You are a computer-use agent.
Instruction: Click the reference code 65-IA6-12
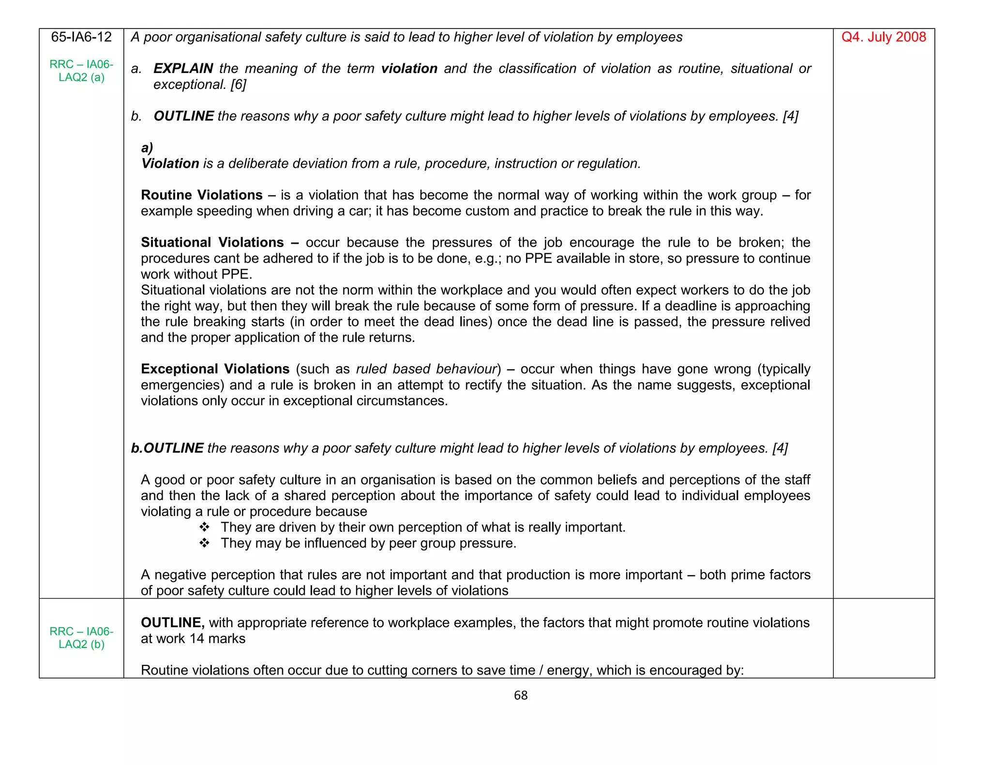coord(81,37)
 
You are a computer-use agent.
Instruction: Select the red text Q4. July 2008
coord(883,37)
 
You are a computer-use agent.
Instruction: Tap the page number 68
coord(520,695)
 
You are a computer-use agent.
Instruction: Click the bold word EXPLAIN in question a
coord(183,69)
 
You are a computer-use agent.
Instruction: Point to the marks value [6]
coord(238,85)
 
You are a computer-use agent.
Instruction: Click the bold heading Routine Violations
coord(201,195)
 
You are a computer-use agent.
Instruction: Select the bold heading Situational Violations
coord(212,242)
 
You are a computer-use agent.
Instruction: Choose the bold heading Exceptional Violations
coord(215,369)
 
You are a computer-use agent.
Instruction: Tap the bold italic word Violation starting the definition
coord(170,163)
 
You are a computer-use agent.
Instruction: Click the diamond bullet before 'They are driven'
coord(204,527)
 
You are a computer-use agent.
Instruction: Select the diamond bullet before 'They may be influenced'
coord(204,543)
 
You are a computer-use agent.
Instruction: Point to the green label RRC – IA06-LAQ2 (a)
coord(81,71)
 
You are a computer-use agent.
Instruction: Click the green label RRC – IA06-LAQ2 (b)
coord(81,637)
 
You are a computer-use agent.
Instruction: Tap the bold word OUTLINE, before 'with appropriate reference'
coord(172,622)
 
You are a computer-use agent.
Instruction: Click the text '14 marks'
coord(217,638)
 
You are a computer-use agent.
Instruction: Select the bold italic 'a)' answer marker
coord(147,148)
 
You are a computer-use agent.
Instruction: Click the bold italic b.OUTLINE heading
coord(167,448)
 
